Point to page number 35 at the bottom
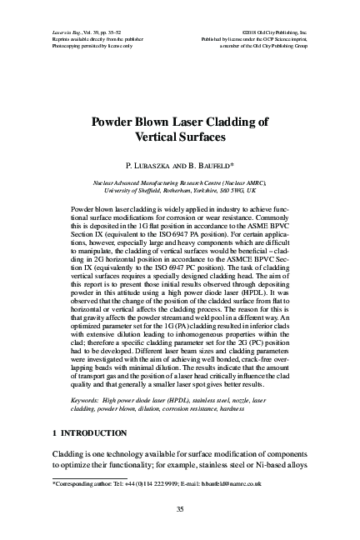pyautogui.click(x=179, y=510)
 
